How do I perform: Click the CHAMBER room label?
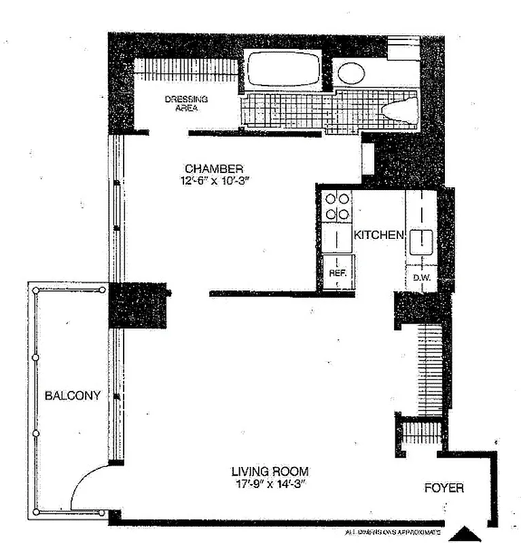pos(214,168)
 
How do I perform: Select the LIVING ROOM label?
pos(270,471)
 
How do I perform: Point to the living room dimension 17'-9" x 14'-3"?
pos(270,484)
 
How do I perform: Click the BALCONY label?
pos(73,396)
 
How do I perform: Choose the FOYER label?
pos(444,488)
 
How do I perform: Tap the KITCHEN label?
pos(379,235)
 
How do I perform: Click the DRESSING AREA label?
pos(186,103)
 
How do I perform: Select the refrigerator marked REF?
pos(338,271)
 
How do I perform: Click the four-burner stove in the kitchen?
pos(338,206)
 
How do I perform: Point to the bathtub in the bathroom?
pos(283,69)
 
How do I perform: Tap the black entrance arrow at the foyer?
pos(468,533)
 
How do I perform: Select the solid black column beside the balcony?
pos(138,305)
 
